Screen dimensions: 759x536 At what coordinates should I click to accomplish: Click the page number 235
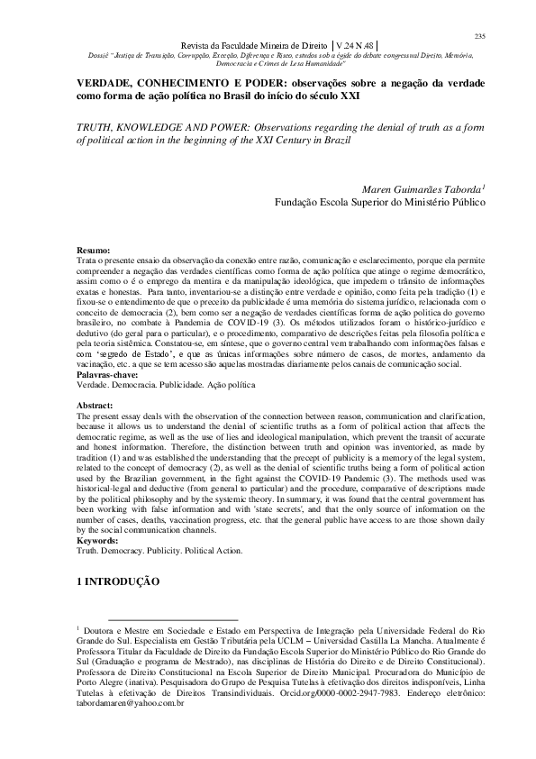(x=479, y=35)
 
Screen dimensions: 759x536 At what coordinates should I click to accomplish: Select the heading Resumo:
(x=93, y=249)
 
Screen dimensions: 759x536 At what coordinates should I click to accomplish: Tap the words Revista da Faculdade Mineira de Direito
(x=252, y=45)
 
